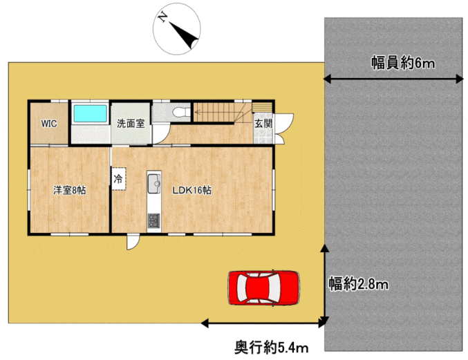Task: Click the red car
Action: point(264,288)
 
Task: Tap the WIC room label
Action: point(49,124)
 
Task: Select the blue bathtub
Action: point(90,113)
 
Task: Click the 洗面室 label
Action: point(131,123)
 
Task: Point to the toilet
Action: point(181,112)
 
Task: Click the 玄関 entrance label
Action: point(263,124)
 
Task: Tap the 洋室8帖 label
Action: point(70,190)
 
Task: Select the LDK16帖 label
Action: point(192,190)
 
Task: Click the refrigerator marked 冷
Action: point(118,179)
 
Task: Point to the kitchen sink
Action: point(154,183)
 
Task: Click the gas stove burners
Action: point(154,221)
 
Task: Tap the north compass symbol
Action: point(177,29)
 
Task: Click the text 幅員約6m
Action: point(403,64)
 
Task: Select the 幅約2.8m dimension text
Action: point(359,284)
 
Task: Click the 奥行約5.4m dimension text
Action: point(271,348)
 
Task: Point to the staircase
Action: point(223,112)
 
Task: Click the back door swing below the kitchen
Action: point(133,242)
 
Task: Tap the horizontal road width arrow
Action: point(393,79)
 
